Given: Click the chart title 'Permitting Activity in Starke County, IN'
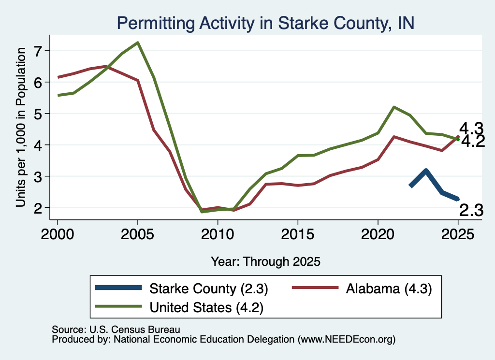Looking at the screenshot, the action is pyautogui.click(x=265, y=23).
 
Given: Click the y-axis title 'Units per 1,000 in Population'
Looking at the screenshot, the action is pyautogui.click(x=21, y=127).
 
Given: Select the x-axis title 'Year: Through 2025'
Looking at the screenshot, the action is pyautogui.click(x=265, y=261).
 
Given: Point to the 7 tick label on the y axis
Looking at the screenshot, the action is pyautogui.click(x=38, y=51).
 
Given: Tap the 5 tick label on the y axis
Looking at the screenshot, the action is pyautogui.click(x=38, y=113).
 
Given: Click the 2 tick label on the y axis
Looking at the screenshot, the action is pyautogui.click(x=38, y=208).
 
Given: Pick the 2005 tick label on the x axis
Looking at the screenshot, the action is pyautogui.click(x=138, y=234).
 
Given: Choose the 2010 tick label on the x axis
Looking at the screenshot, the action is pyautogui.click(x=218, y=234).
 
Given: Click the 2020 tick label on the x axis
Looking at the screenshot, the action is pyautogui.click(x=378, y=234).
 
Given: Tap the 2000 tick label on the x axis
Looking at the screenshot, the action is pyautogui.click(x=58, y=234).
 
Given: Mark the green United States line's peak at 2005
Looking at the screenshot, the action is pyautogui.click(x=138, y=43).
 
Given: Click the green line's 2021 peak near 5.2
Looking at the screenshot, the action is pyautogui.click(x=394, y=107).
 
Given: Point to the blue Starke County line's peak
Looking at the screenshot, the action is pyautogui.click(x=426, y=171).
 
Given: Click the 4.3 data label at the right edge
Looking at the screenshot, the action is pyautogui.click(x=471, y=129).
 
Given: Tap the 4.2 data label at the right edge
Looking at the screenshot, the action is pyautogui.click(x=473, y=142).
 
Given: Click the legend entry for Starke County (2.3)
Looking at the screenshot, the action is pyautogui.click(x=182, y=288).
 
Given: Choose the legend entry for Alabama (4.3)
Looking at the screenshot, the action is pyautogui.click(x=362, y=288).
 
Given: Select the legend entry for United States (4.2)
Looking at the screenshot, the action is pyautogui.click(x=179, y=307).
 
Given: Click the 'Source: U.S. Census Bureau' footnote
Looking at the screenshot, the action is pyautogui.click(x=116, y=330).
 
